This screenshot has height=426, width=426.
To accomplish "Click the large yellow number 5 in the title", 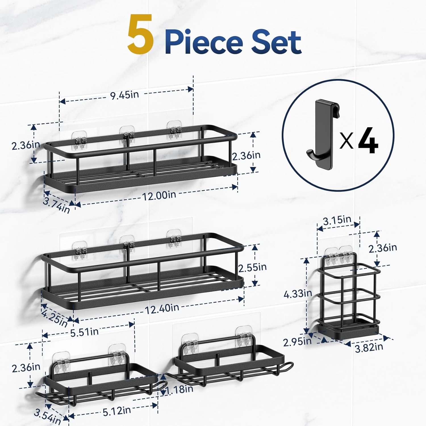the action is pyautogui.click(x=141, y=35).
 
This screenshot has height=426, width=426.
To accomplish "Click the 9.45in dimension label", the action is pyautogui.click(x=125, y=95).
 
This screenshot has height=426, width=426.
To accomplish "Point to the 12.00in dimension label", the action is pyautogui.click(x=159, y=195).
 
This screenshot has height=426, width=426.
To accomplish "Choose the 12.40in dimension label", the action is pyautogui.click(x=162, y=308).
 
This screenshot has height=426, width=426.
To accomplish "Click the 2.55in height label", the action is pyautogui.click(x=252, y=268).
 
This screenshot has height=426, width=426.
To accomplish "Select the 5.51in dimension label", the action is pyautogui.click(x=84, y=332).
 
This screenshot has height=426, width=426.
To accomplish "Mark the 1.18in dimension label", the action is pyautogui.click(x=180, y=389).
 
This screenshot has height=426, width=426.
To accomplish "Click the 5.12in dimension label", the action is pyautogui.click(x=117, y=411).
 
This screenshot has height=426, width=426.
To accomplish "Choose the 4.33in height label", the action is pyautogui.click(x=298, y=293).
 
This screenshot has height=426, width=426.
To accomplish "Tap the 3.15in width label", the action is pyautogui.click(x=337, y=220).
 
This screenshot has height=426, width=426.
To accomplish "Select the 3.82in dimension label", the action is pyautogui.click(x=369, y=347).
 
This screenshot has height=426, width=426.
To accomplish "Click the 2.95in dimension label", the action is pyautogui.click(x=297, y=342).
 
